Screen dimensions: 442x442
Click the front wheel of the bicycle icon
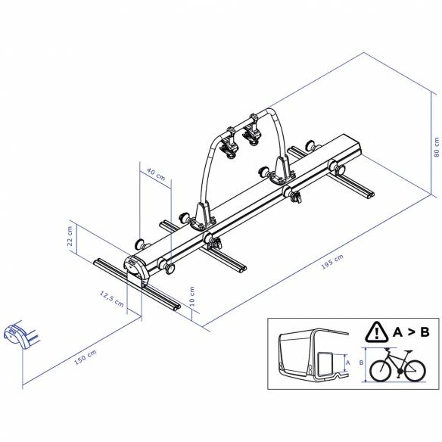(x=412, y=369)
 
